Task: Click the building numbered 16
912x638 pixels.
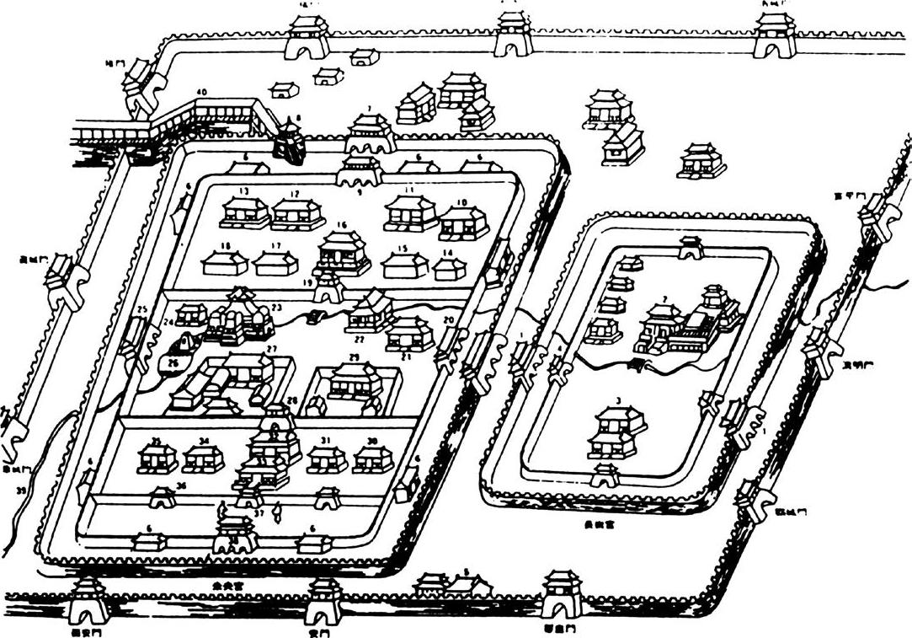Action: click(344, 253)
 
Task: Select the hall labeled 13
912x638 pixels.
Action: click(244, 214)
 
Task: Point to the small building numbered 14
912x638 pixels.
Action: click(449, 269)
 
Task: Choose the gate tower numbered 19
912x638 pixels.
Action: click(329, 287)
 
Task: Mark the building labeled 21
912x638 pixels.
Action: click(410, 334)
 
